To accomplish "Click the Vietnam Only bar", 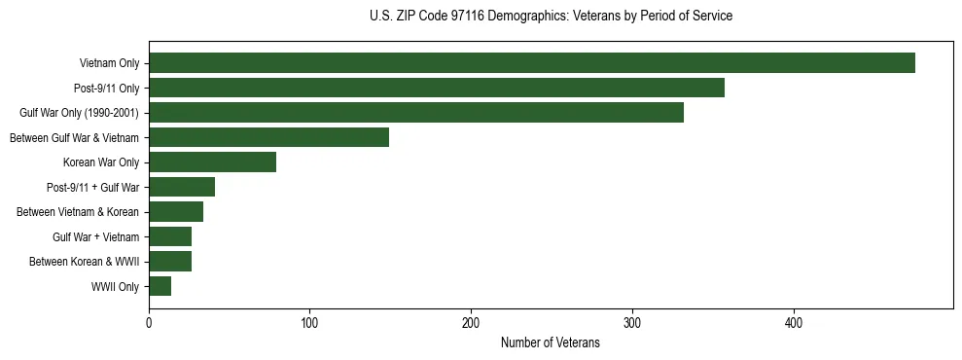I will click(x=532, y=63).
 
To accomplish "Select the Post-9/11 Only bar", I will click(x=437, y=88).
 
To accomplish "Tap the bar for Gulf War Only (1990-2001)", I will click(x=416, y=113).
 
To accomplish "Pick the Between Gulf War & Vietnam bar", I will click(x=268, y=137).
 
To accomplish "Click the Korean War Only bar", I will click(x=212, y=162).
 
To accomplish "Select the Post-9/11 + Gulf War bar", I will click(x=182, y=187).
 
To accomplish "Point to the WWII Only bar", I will click(x=160, y=286).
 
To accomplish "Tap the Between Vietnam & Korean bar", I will click(x=176, y=212).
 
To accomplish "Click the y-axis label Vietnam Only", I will click(x=109, y=64).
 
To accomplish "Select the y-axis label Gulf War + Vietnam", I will click(x=95, y=237).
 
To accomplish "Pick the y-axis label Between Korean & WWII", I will click(x=84, y=262).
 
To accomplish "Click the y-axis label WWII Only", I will click(x=115, y=287).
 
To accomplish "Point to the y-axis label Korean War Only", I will click(x=101, y=162).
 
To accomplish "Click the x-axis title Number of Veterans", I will click(x=550, y=343).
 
